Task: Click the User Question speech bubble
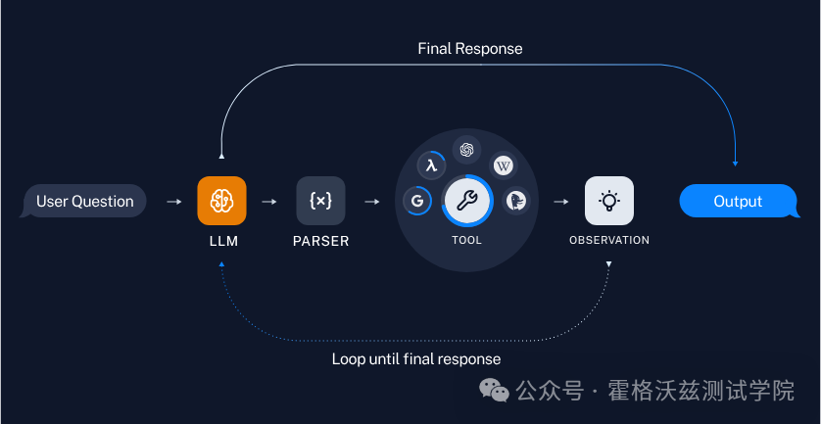(x=84, y=202)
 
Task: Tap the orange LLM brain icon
(x=221, y=201)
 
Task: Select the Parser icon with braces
(x=320, y=201)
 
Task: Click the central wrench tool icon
(x=467, y=202)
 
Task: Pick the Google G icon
(x=417, y=202)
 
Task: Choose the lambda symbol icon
(x=431, y=165)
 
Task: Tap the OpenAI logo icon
(x=467, y=149)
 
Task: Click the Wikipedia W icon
(x=504, y=165)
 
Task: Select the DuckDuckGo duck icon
(x=516, y=202)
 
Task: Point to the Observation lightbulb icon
(x=608, y=201)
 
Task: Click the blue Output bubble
(x=737, y=202)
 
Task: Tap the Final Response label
(x=470, y=48)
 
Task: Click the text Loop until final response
(x=416, y=359)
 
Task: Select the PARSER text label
(x=320, y=240)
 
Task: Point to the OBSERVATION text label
(x=608, y=240)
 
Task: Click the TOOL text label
(x=467, y=240)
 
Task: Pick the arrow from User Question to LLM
(x=173, y=202)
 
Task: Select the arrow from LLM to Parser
(x=269, y=202)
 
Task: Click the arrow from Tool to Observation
(x=561, y=202)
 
